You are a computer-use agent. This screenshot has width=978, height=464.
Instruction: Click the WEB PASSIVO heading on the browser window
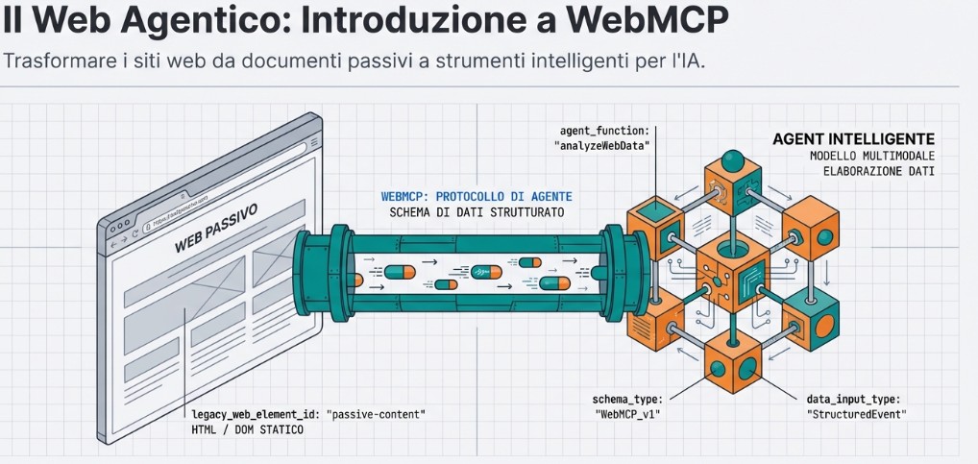[x=216, y=232]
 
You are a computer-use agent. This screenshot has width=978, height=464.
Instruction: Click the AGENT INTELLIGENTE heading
[x=853, y=139]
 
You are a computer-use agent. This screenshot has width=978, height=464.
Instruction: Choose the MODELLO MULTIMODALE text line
[x=872, y=156]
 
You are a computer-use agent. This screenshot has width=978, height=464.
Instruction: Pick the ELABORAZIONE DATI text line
[x=879, y=171]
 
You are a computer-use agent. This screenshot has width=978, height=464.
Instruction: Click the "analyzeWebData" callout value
[x=602, y=145]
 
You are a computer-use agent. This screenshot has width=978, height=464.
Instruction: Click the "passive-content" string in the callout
[x=376, y=413]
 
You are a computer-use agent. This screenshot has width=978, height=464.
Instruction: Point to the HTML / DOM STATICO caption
[x=248, y=429]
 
